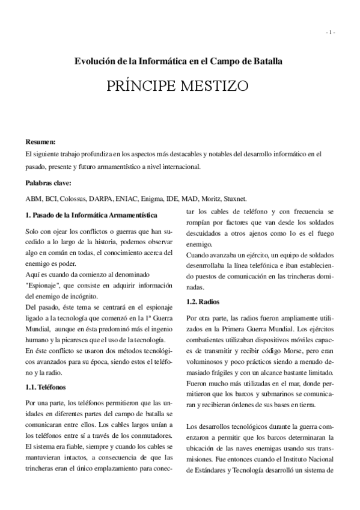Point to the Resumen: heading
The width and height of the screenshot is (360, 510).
(41, 142)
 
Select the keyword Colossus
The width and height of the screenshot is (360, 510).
(74, 198)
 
